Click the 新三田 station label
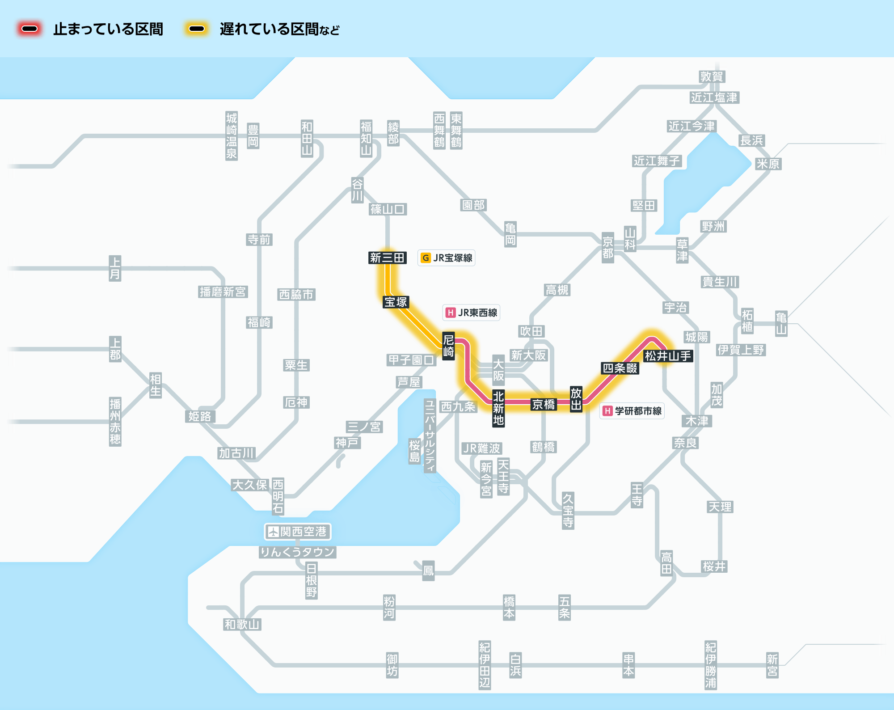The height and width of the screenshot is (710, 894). point(387,258)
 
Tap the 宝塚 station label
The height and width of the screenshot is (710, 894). point(396,302)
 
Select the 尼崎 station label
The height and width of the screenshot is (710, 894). point(448,346)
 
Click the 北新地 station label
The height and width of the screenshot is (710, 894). point(498,408)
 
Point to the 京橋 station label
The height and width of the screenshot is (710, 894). point(543,404)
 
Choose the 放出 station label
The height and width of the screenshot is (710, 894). point(576,399)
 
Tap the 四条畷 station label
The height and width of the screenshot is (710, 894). point(620,368)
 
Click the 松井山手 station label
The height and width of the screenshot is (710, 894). point(668,356)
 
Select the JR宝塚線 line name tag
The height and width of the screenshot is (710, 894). point(446,258)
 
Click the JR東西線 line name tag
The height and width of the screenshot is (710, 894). point(471,313)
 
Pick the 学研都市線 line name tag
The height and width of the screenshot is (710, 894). point(632,411)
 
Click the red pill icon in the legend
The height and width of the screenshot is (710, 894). point(30,29)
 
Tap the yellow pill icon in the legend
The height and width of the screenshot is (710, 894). point(197,29)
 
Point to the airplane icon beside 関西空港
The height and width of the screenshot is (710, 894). point(273,532)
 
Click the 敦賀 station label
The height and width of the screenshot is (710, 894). point(712,76)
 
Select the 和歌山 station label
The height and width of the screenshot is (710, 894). point(242,624)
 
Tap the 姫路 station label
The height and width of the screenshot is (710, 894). point(199,416)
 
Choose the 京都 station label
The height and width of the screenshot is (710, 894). point(607,248)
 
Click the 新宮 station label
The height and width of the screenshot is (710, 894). point(772,665)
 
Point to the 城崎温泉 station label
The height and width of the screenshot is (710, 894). point(231,136)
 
